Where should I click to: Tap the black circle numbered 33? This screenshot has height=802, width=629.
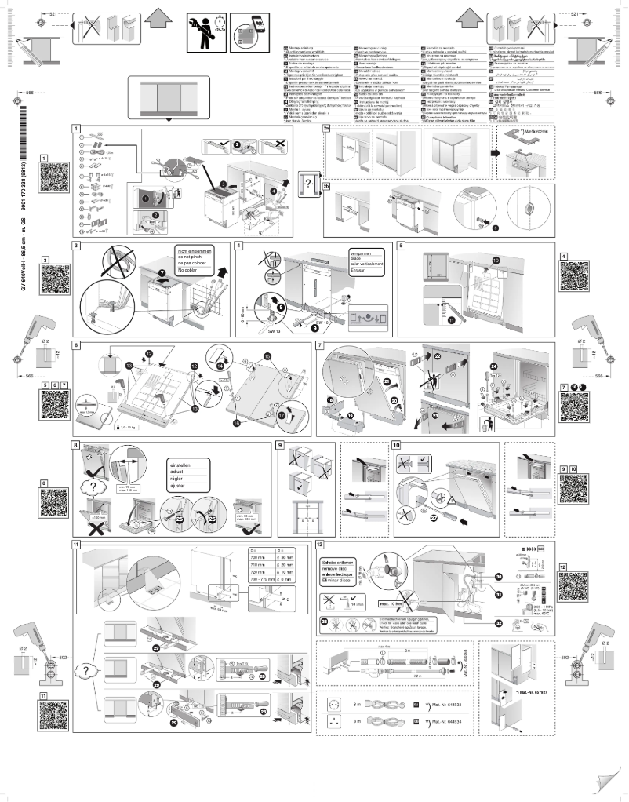point(325,622)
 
